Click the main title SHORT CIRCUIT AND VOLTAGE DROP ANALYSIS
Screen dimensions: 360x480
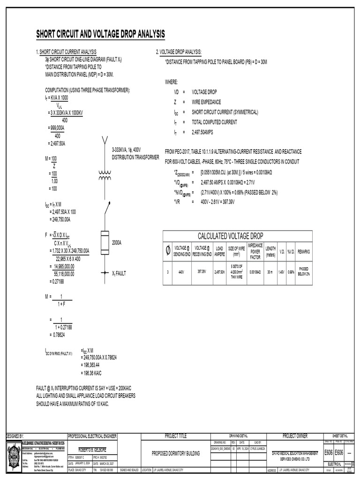click(x=101, y=34)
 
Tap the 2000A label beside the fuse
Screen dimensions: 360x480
click(x=117, y=242)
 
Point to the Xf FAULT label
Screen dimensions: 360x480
click(x=119, y=273)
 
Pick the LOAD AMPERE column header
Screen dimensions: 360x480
click(x=219, y=251)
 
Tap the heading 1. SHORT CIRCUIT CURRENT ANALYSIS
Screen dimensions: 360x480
click(x=67, y=52)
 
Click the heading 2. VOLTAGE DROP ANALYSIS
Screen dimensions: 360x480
click(x=179, y=52)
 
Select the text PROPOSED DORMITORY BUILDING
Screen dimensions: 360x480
click(x=176, y=454)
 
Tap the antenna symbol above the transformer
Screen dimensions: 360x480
click(x=105, y=140)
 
